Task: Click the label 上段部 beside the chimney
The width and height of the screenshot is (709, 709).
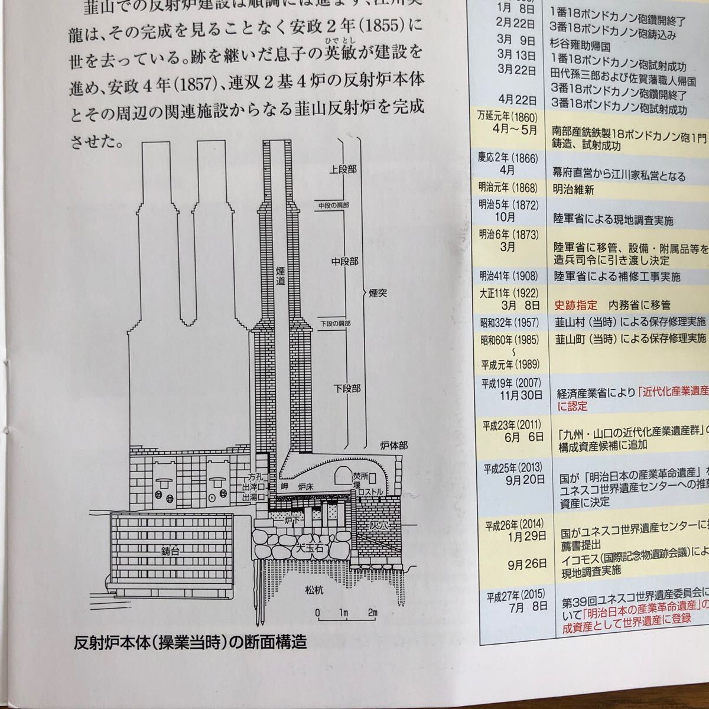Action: [343, 170]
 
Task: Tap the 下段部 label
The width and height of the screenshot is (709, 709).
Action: [346, 389]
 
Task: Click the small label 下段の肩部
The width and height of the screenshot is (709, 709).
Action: [335, 324]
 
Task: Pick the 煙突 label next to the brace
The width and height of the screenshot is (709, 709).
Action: [375, 292]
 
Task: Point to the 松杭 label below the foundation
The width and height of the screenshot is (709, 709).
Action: [314, 590]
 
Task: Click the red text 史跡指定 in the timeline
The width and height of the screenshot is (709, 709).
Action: [576, 305]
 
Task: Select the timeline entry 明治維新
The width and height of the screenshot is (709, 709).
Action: [574, 190]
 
